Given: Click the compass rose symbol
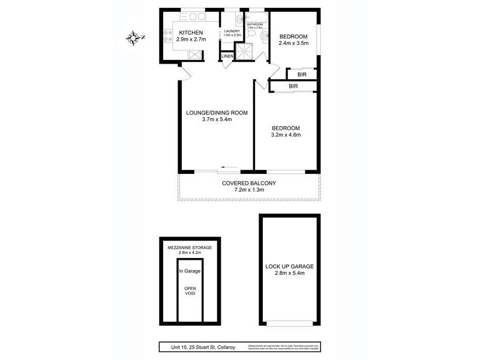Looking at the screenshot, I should pos(133,38).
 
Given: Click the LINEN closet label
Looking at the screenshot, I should pos(227,56).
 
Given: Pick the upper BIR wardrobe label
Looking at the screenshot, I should pos(303,74).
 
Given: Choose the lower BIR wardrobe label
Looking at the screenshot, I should pos(293,86).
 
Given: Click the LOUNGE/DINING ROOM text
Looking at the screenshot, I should pos(217,112).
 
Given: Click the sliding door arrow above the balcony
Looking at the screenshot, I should pos(227,167).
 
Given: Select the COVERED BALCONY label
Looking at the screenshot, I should pos(248,183).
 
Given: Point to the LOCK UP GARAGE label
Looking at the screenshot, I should pos(290,266).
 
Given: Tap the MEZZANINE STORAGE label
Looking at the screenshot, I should pos(190,247).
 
